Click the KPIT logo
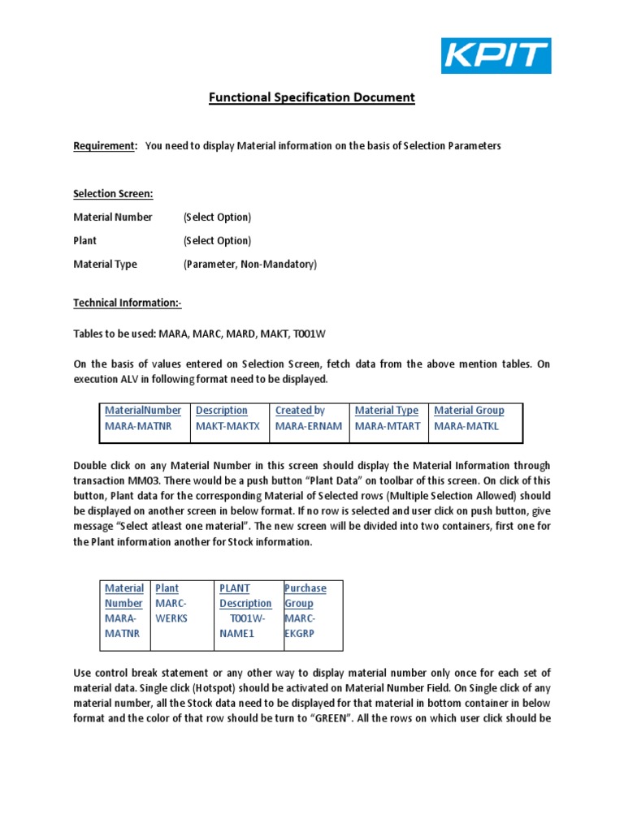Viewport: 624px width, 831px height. (x=496, y=56)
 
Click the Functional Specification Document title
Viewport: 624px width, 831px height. (x=312, y=97)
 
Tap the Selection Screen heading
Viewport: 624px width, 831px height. (x=113, y=194)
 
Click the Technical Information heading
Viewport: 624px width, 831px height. (x=128, y=303)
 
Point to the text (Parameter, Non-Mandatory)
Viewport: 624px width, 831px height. (x=250, y=265)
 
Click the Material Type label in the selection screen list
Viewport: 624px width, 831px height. (x=105, y=265)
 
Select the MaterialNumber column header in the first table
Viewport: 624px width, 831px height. (x=143, y=411)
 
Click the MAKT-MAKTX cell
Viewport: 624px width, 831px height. (x=227, y=426)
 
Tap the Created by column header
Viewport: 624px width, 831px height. (x=300, y=411)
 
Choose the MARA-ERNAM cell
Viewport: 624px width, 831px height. (x=308, y=426)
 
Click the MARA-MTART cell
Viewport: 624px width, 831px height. (x=388, y=426)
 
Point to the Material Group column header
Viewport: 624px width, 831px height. (x=469, y=411)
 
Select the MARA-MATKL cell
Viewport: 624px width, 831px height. (x=466, y=426)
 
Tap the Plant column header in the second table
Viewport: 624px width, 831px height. (x=167, y=588)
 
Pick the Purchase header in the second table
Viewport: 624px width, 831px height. (x=305, y=588)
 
